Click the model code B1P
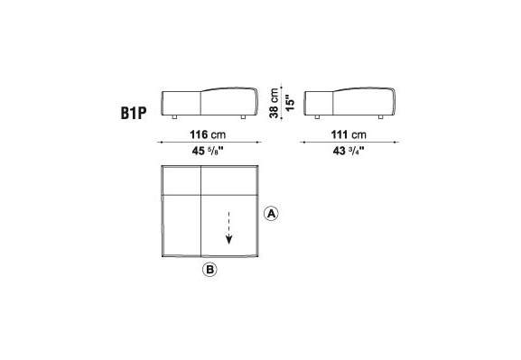(x=134, y=113)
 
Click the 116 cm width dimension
(x=208, y=134)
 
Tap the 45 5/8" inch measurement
(x=208, y=151)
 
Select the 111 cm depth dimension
(x=349, y=134)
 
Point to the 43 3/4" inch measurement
(x=349, y=151)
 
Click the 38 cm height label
(x=274, y=103)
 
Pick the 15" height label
(x=290, y=103)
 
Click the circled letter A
(x=271, y=214)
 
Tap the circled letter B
(x=209, y=270)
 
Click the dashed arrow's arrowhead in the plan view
(x=228, y=239)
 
